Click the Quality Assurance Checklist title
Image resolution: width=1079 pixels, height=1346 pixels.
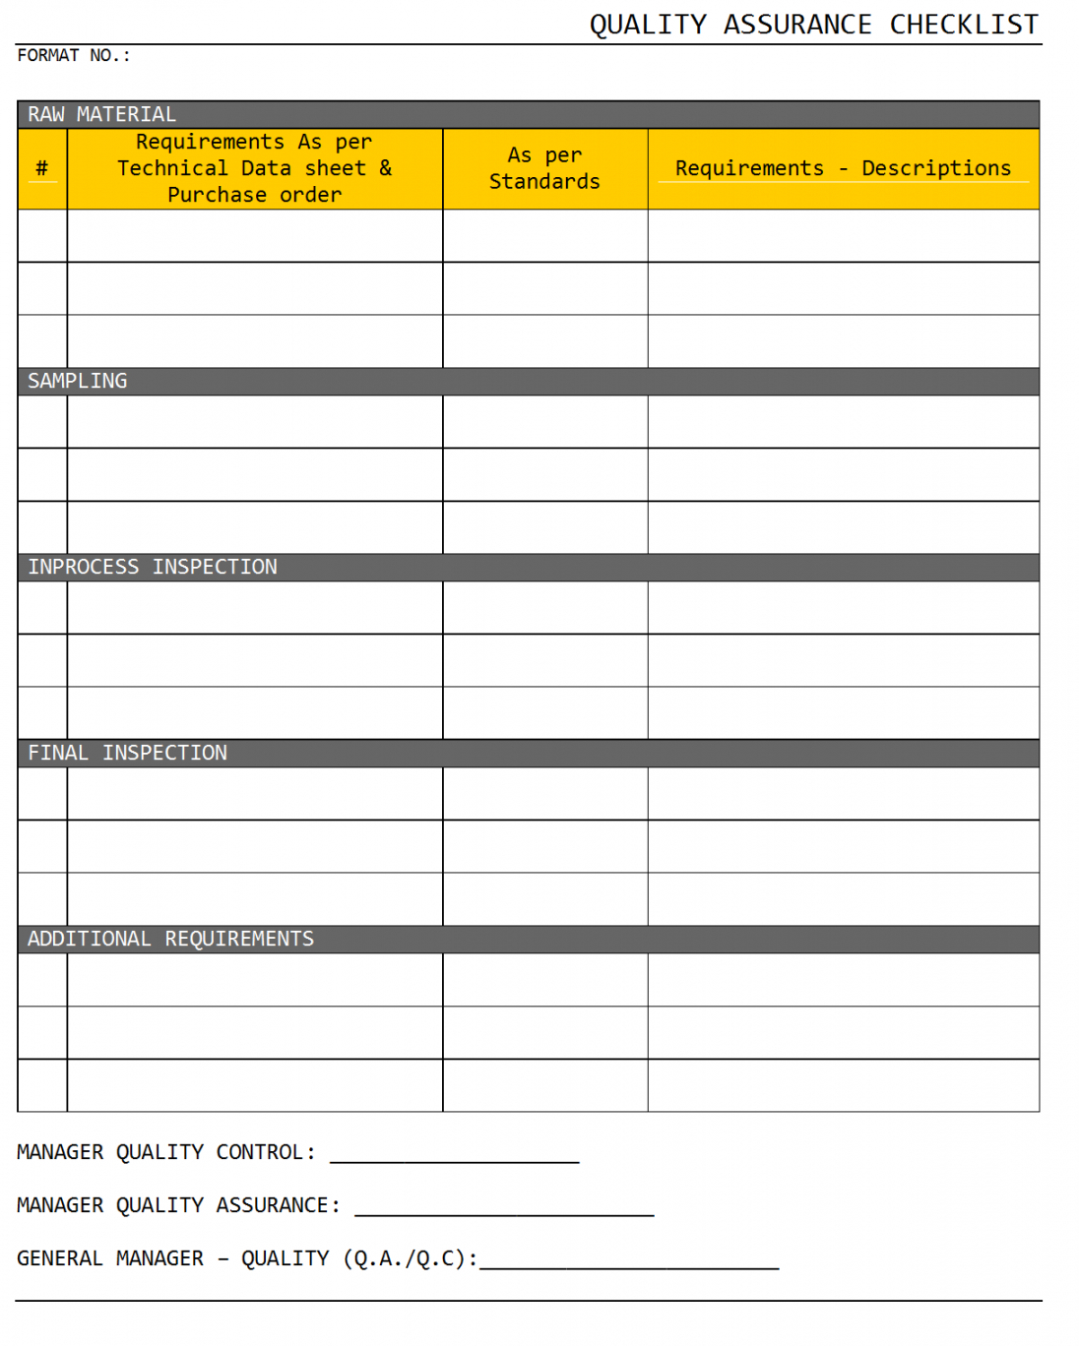(x=813, y=25)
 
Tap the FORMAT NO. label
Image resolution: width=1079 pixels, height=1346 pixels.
(x=74, y=56)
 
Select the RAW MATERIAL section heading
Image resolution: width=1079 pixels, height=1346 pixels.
(x=101, y=115)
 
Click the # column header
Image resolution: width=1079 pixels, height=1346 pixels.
(x=41, y=168)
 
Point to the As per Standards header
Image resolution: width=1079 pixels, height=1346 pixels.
(x=544, y=168)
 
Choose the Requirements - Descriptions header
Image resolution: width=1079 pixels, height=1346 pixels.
(x=843, y=168)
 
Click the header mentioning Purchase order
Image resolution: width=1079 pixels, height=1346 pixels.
(x=254, y=195)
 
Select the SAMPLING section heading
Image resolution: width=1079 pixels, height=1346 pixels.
(x=77, y=381)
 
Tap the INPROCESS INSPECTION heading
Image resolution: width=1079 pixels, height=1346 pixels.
(x=153, y=567)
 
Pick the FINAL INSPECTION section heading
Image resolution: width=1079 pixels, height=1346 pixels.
(x=127, y=753)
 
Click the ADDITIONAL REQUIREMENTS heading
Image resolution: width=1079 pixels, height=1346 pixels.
(x=170, y=939)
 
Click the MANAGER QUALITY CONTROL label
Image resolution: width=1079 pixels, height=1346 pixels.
(x=165, y=1152)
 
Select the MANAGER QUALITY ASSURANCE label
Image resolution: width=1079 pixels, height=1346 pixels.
(x=178, y=1205)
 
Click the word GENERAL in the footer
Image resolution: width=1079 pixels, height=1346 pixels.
(x=59, y=1258)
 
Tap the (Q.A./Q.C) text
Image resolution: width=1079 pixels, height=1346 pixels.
(x=409, y=1258)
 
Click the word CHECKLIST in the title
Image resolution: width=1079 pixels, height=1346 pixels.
(x=964, y=25)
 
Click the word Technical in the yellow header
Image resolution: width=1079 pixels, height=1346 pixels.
(x=172, y=168)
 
